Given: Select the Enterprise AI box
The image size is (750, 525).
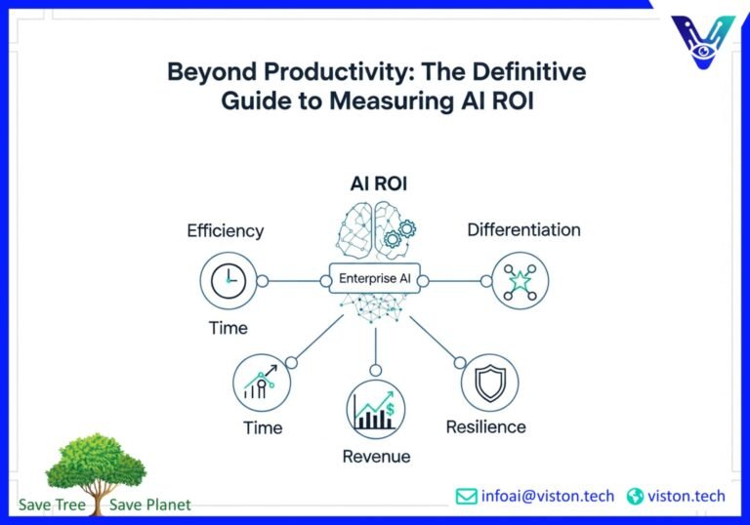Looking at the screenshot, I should (376, 280).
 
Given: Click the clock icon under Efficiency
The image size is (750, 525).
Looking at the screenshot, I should (228, 281).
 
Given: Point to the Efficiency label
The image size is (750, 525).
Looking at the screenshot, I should (226, 231).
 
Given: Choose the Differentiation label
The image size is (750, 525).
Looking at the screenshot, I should (523, 230).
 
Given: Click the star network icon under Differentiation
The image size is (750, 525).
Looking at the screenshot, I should (520, 281).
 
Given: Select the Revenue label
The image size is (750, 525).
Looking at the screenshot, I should (376, 457).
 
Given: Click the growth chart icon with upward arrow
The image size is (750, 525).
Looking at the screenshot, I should (262, 383).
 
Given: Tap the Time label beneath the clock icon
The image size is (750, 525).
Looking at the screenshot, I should (229, 328).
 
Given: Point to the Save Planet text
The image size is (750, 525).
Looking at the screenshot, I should (150, 505).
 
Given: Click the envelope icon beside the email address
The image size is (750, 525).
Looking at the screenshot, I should (466, 497).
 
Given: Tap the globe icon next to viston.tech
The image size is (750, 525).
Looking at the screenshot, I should (636, 497).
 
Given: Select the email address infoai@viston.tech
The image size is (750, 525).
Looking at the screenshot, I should (547, 497).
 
